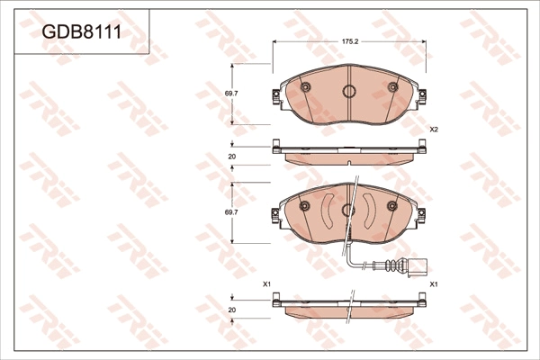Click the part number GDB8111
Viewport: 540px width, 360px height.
pyautogui.click(x=81, y=32)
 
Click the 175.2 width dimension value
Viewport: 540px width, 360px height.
pyautogui.click(x=350, y=41)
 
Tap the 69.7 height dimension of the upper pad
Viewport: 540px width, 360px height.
pyautogui.click(x=232, y=94)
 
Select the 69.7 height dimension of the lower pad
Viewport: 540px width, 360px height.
pyautogui.click(x=232, y=212)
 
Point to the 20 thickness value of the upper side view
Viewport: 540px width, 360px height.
pyautogui.click(x=232, y=157)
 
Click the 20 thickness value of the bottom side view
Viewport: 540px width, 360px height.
pyautogui.click(x=232, y=310)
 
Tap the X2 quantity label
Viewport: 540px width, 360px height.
pyautogui.click(x=434, y=130)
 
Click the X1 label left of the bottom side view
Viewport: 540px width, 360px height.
pyautogui.click(x=267, y=284)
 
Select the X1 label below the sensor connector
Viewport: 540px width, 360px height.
pyautogui.click(x=434, y=284)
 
